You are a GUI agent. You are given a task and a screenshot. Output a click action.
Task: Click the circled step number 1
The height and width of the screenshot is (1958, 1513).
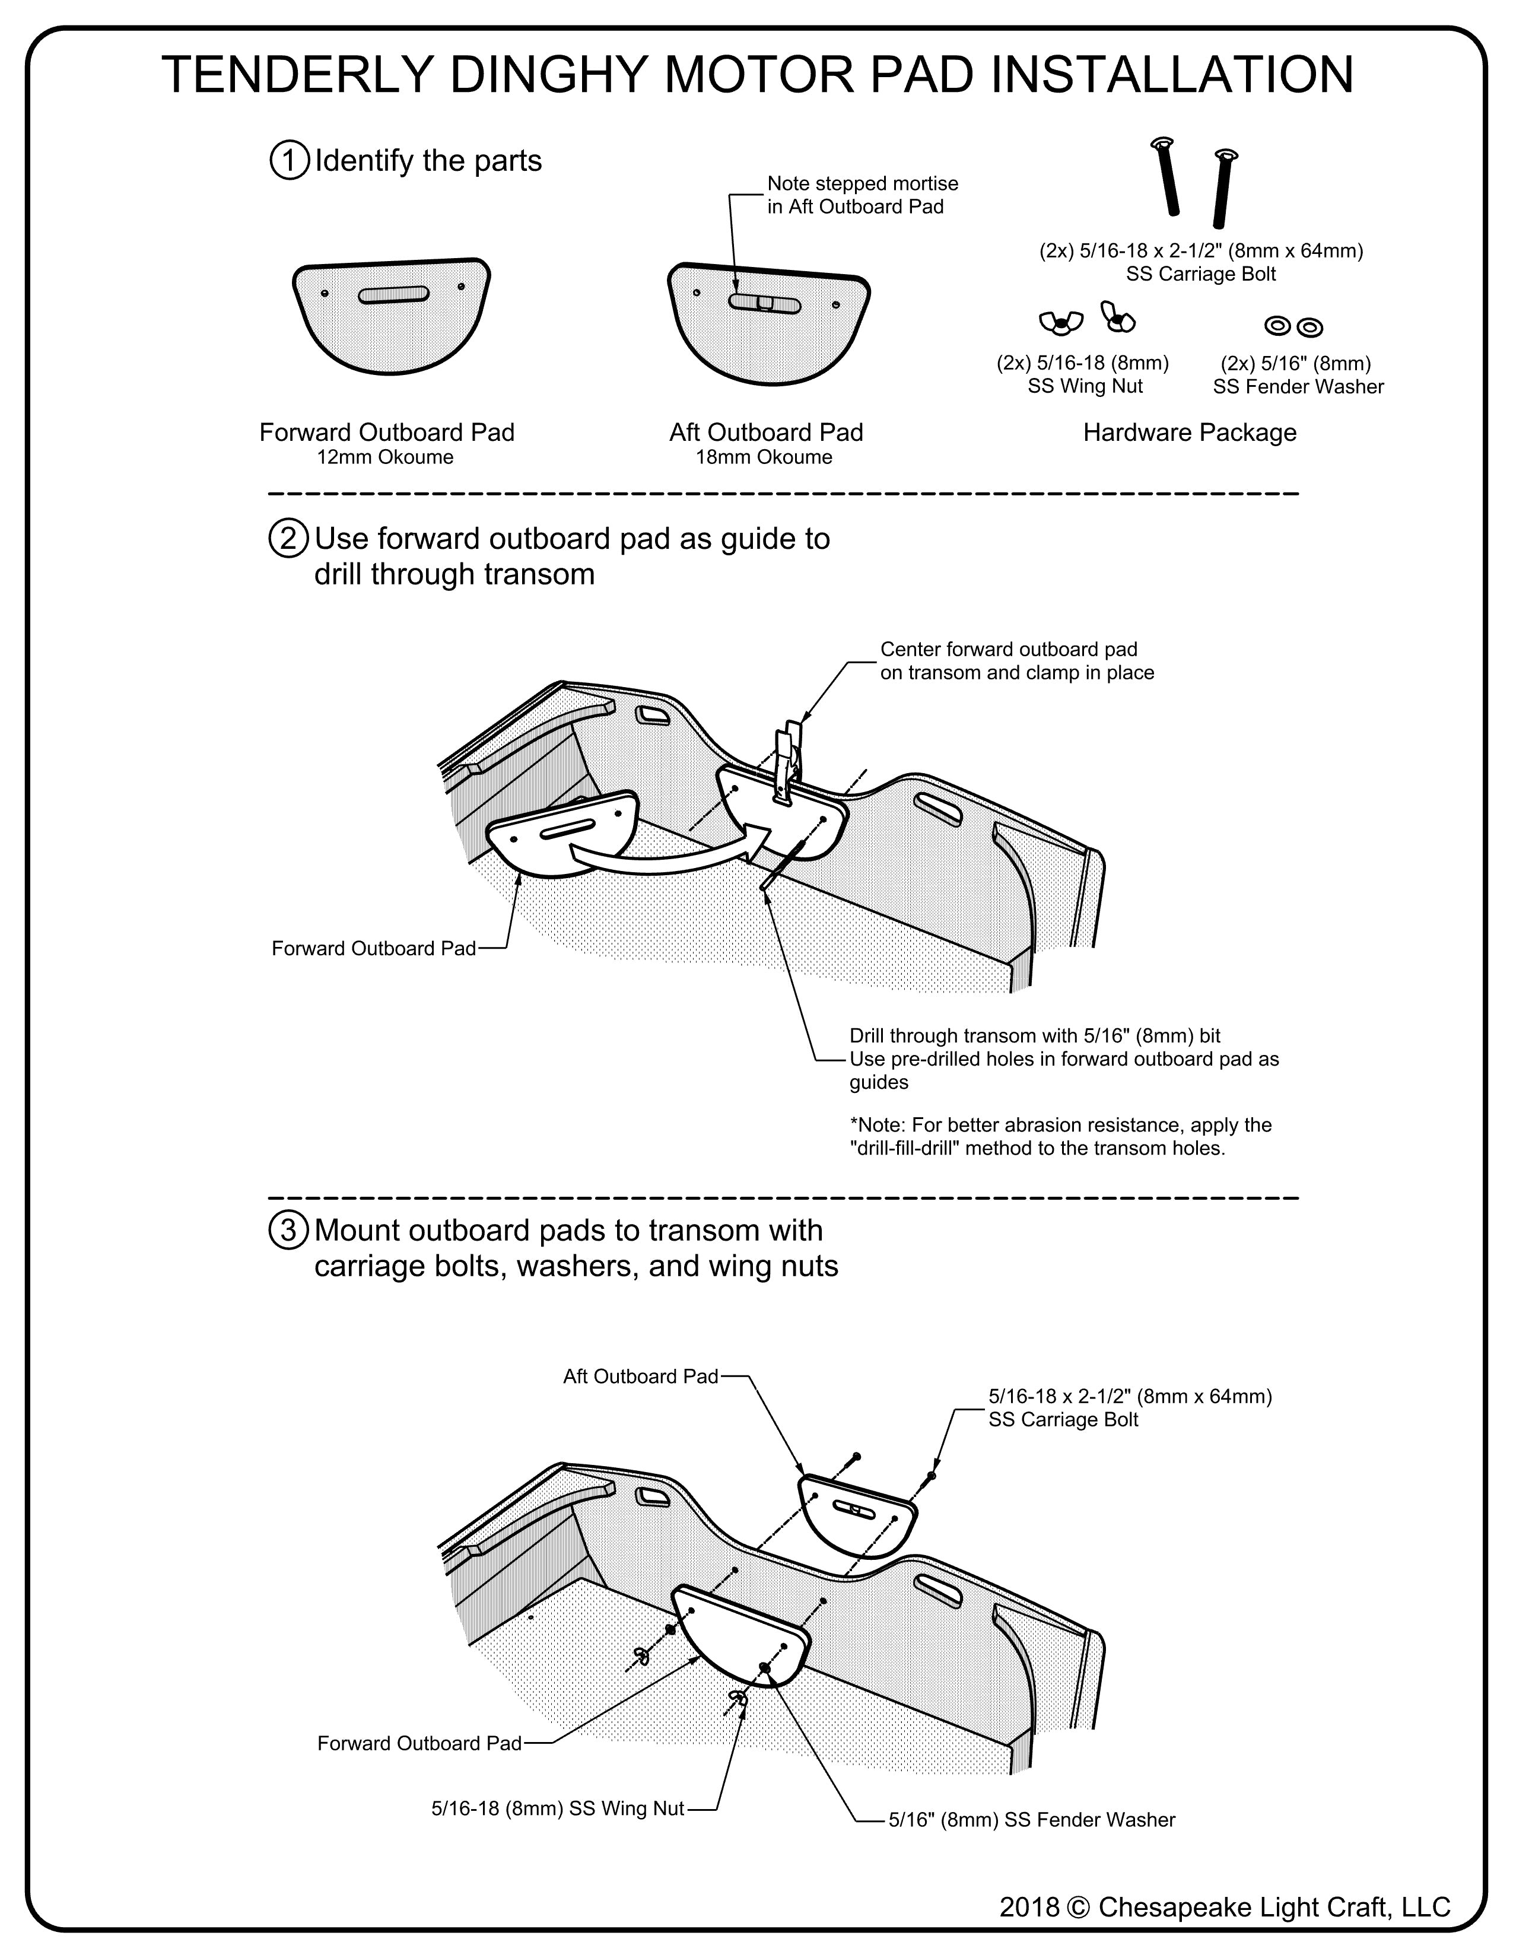point(288,161)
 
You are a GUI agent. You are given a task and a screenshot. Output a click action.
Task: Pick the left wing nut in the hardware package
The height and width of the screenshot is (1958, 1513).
point(1060,322)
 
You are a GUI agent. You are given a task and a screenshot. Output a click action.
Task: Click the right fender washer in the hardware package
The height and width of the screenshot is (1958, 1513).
point(1309,328)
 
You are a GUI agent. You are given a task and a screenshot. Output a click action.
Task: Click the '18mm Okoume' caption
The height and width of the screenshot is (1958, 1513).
point(764,458)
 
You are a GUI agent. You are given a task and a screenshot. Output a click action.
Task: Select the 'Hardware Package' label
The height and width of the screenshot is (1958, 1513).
point(1190,433)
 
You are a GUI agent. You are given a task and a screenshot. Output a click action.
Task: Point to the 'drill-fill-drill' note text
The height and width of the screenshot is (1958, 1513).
point(1060,1137)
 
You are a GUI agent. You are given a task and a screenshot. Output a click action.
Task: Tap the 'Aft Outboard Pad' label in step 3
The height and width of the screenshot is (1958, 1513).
point(640,1376)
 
